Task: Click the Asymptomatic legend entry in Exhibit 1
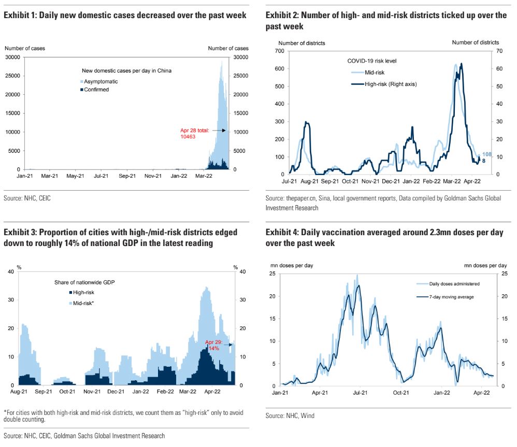102,82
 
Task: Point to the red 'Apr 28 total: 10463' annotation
195,134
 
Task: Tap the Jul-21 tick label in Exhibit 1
101,176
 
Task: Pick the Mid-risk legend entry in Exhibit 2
375,73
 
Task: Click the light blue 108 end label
487,154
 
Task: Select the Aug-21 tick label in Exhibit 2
309,182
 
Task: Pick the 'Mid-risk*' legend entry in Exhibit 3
83,302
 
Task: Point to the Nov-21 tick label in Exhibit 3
92,392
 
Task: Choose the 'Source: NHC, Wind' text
290,415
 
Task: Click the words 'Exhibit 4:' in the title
282,233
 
